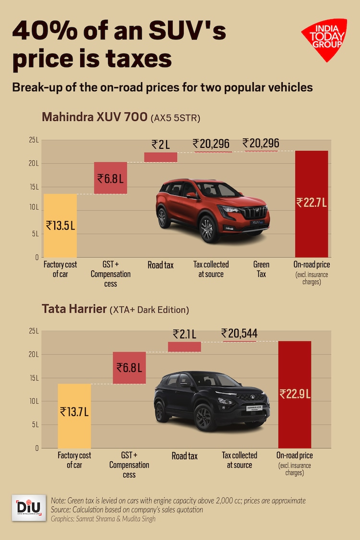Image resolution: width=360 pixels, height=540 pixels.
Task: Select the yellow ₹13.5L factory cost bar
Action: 60,225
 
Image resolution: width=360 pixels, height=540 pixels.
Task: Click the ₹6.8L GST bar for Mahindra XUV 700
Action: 110,178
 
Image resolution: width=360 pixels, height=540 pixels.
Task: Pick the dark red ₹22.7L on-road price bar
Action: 312,204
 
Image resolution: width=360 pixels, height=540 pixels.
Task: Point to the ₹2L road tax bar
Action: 161,157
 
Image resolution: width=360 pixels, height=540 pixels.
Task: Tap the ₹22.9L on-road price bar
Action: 295,395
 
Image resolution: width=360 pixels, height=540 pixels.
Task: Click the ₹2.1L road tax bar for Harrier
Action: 184,347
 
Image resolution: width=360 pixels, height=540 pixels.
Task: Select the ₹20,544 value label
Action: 239,333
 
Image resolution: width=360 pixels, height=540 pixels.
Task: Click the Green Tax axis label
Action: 261,269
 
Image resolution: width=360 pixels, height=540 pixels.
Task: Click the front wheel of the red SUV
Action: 209,229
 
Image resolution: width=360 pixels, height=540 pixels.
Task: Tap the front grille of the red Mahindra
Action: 253,212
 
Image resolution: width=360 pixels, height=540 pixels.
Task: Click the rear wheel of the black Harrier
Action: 161,411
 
